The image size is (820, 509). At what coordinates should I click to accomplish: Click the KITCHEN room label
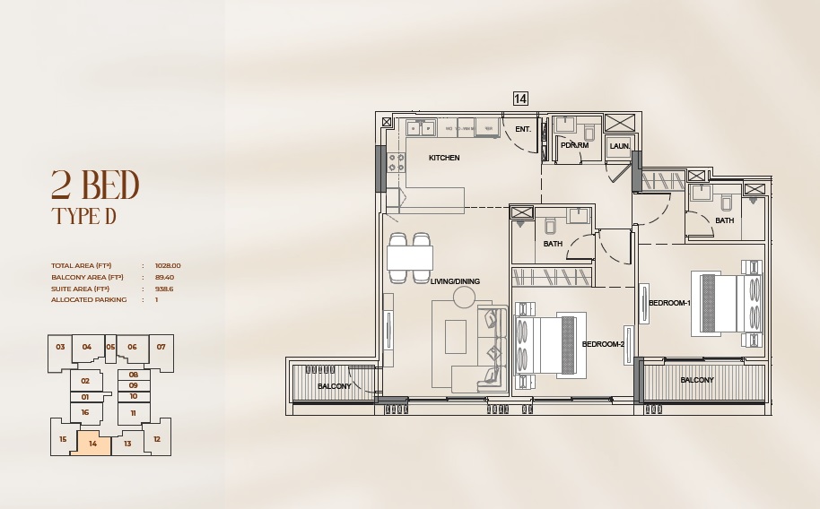[444, 158]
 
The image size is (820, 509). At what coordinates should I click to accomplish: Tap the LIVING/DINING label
[455, 281]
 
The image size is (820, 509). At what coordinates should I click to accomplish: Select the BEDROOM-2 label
[603, 344]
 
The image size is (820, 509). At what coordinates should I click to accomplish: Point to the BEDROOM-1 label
[669, 304]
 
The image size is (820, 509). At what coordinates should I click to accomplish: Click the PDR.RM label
[574, 145]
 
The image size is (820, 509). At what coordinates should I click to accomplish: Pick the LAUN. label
[620, 146]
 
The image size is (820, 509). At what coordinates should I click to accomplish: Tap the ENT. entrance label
[523, 129]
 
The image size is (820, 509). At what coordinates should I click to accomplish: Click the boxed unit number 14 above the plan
[520, 99]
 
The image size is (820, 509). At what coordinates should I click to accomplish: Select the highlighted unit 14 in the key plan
[93, 443]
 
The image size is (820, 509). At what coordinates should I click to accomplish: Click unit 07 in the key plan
[161, 347]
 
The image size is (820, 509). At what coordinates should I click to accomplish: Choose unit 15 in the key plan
[63, 439]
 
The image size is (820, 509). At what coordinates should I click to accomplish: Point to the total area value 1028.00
[168, 265]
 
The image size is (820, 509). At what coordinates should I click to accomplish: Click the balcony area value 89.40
[165, 277]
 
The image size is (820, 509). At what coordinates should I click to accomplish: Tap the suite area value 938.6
[164, 289]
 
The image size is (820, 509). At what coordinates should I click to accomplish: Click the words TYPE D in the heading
[84, 216]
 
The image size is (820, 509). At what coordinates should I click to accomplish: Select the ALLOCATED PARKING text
[89, 300]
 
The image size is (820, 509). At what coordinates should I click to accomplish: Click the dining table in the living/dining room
[410, 258]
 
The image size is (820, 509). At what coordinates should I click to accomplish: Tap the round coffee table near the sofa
[464, 298]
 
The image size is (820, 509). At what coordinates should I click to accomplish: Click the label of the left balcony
[335, 386]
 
